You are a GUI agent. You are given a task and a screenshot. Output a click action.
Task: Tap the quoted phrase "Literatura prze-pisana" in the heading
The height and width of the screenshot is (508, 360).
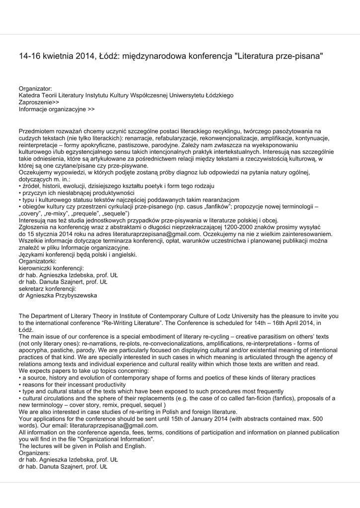tap(279, 57)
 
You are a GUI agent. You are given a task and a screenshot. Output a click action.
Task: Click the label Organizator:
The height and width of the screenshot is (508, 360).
tap(35, 88)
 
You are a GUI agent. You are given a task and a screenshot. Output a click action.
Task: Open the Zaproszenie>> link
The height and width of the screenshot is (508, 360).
tap(39, 102)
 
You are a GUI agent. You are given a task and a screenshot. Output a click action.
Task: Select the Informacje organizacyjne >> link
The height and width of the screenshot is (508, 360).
tap(57, 109)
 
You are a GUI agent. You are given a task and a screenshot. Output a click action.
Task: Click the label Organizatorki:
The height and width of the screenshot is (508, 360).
tap(38, 261)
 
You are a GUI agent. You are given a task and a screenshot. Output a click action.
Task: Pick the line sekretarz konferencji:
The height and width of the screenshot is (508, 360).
tap(47, 288)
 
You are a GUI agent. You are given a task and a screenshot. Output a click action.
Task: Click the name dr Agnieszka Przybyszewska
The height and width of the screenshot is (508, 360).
tap(58, 295)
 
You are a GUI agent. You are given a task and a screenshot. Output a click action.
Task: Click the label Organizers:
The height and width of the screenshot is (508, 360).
tap(34, 453)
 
